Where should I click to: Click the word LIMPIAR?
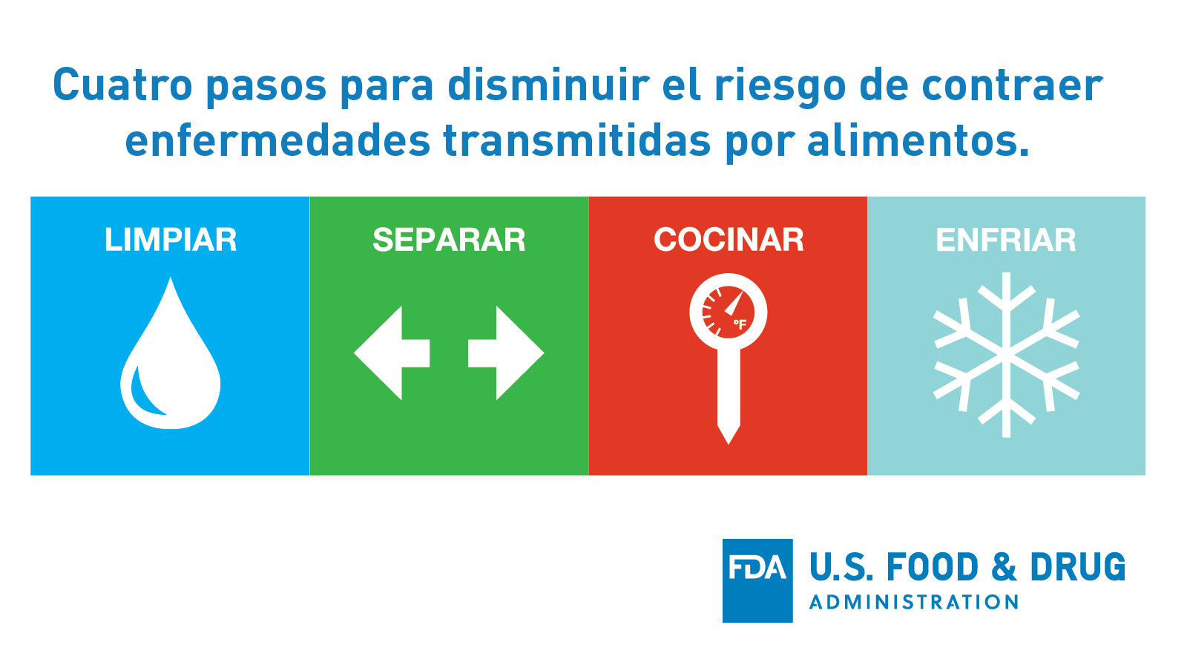[171, 240]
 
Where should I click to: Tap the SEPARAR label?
[449, 240]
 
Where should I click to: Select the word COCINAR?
[729, 240]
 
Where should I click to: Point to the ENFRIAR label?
[1006, 240]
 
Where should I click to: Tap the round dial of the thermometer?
[728, 312]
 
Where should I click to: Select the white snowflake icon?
[1006, 355]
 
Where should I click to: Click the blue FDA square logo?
[757, 580]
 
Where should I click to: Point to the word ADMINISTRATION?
[914, 602]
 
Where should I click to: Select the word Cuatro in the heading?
[122, 85]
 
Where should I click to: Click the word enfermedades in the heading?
[277, 140]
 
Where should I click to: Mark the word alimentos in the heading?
[918, 140]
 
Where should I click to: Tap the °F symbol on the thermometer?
[740, 324]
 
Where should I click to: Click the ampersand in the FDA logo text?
[1004, 568]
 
